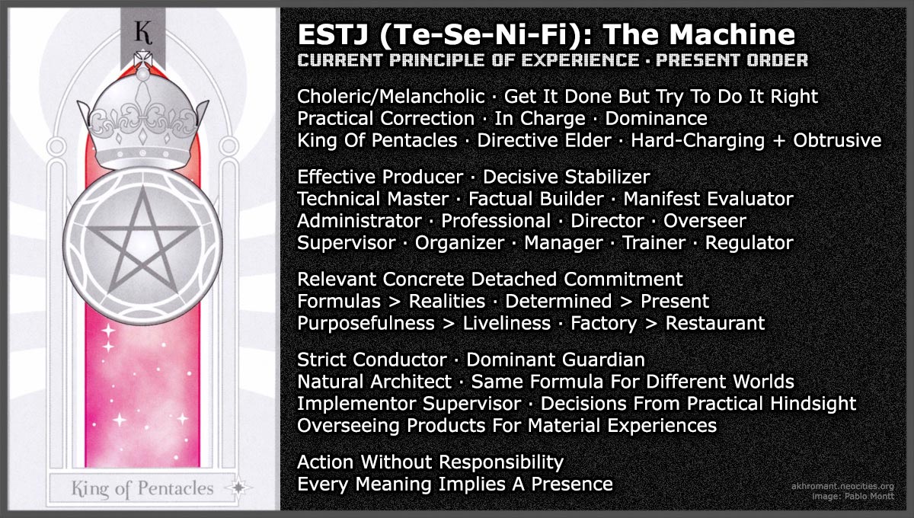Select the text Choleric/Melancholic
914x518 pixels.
click(x=391, y=97)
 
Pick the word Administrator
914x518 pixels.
click(x=359, y=221)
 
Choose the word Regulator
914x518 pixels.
click(x=749, y=243)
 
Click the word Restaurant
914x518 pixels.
click(x=714, y=323)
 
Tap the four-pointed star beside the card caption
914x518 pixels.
click(x=240, y=488)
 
